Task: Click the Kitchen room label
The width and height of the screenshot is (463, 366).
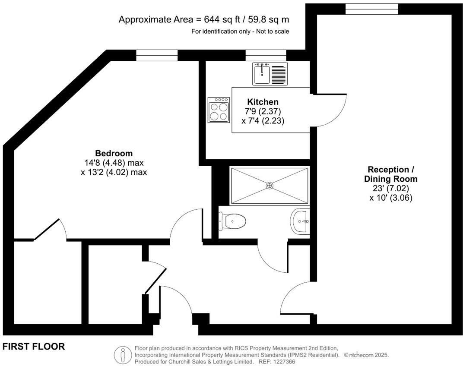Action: click(x=263, y=102)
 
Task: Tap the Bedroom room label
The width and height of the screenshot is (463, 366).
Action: click(x=114, y=153)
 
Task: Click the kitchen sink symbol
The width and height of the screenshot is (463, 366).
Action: click(x=262, y=73)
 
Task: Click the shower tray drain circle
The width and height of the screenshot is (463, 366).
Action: click(x=270, y=186)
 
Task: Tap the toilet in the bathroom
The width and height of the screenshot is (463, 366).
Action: click(x=233, y=221)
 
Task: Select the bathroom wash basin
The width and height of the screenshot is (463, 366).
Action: click(x=301, y=221)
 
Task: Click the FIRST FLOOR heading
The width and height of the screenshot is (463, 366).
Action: click(x=34, y=347)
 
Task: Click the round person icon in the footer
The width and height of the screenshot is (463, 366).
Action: click(x=123, y=355)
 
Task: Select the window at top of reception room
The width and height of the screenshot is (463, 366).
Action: click(x=371, y=9)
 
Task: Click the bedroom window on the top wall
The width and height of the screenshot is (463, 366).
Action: click(x=157, y=55)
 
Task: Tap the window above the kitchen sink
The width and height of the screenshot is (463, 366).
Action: click(x=266, y=55)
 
